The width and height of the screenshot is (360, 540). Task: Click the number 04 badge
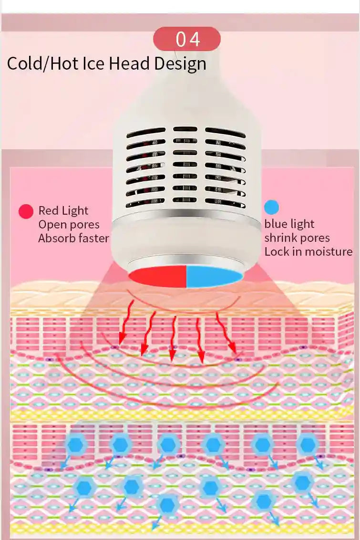187,39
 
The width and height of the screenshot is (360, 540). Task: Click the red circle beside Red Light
26,211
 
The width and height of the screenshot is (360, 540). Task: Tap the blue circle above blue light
271,208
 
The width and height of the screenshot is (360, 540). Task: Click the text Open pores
69,225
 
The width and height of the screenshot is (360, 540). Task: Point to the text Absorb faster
73,238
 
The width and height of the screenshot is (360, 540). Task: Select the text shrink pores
297,238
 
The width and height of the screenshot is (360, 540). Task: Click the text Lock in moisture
309,252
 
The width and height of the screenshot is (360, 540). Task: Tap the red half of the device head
158,277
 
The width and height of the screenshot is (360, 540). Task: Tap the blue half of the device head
214,277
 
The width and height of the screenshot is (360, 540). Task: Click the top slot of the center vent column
185,129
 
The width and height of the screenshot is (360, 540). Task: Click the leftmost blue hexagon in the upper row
76,445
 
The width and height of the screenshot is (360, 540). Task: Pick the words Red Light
63,210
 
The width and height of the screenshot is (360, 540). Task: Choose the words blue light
289,224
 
